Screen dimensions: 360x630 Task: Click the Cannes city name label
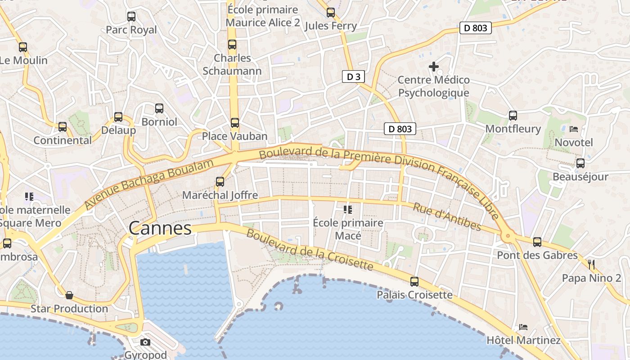pyautogui.click(x=160, y=228)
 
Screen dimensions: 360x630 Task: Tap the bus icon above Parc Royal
pyautogui.click(x=131, y=17)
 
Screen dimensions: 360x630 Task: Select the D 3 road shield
pyautogui.click(x=353, y=76)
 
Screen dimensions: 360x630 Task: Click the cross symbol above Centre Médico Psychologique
pyautogui.click(x=434, y=67)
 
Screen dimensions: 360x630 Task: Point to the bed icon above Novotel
pyautogui.click(x=574, y=129)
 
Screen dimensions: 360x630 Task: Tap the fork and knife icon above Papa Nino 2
pyautogui.click(x=591, y=265)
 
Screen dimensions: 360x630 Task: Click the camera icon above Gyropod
pyautogui.click(x=145, y=342)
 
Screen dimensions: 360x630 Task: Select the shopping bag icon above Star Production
pyautogui.click(x=69, y=295)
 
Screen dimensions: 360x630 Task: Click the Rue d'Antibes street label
pyautogui.click(x=447, y=217)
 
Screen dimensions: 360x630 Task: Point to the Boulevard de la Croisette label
pyautogui.click(x=310, y=250)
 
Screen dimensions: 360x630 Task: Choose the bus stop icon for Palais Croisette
pyautogui.click(x=414, y=282)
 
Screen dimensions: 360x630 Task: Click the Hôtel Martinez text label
pyautogui.click(x=524, y=340)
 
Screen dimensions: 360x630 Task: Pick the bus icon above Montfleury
pyautogui.click(x=513, y=116)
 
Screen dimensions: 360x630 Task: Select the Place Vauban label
pyautogui.click(x=234, y=136)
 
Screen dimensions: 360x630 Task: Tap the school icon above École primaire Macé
pyautogui.click(x=348, y=209)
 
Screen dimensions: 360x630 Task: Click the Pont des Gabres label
pyautogui.click(x=537, y=255)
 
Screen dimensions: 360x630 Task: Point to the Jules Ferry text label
pyautogui.click(x=331, y=26)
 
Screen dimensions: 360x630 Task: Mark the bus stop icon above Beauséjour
pyautogui.click(x=580, y=163)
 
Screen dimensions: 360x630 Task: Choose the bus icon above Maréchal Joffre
pyautogui.click(x=220, y=182)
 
